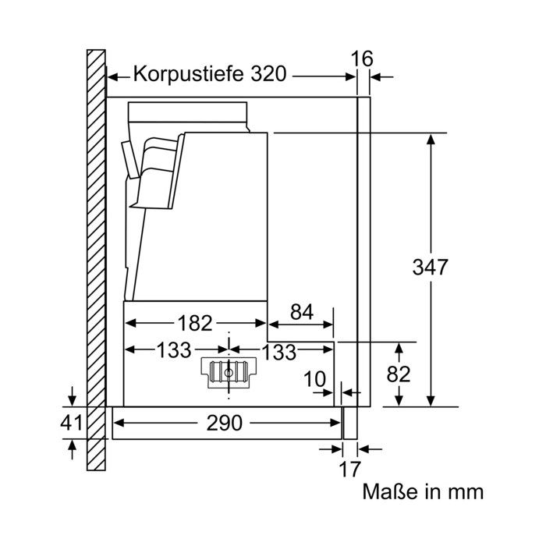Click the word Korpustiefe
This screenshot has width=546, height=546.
pyautogui.click(x=189, y=74)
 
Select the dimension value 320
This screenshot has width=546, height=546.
pyautogui.click(x=269, y=74)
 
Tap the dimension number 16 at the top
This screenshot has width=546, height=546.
pyautogui.click(x=362, y=58)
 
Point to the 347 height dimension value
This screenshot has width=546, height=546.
pyautogui.click(x=430, y=268)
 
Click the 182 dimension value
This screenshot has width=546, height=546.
pyautogui.click(x=195, y=323)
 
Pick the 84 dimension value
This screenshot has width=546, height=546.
pyautogui.click(x=302, y=312)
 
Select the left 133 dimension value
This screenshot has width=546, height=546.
pyautogui.click(x=174, y=350)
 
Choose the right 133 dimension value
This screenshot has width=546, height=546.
pyautogui.click(x=279, y=352)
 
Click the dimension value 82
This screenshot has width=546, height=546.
pyautogui.click(x=399, y=374)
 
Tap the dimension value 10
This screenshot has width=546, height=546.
pyautogui.click(x=315, y=379)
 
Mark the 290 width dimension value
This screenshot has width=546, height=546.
pyautogui.click(x=225, y=424)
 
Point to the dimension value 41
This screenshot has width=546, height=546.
pyautogui.click(x=72, y=423)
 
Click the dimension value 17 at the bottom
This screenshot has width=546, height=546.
pyautogui.click(x=349, y=470)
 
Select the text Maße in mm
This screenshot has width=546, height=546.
pyautogui.click(x=423, y=492)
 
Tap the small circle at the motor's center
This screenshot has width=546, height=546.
pyautogui.click(x=229, y=374)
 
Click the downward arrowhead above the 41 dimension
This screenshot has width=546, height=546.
pyautogui.click(x=72, y=401)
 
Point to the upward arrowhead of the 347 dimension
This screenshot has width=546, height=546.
pyautogui.click(x=431, y=140)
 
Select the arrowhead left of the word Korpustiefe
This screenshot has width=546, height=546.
pyautogui.click(x=112, y=77)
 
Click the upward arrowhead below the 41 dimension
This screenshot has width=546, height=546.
pyautogui.click(x=72, y=445)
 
